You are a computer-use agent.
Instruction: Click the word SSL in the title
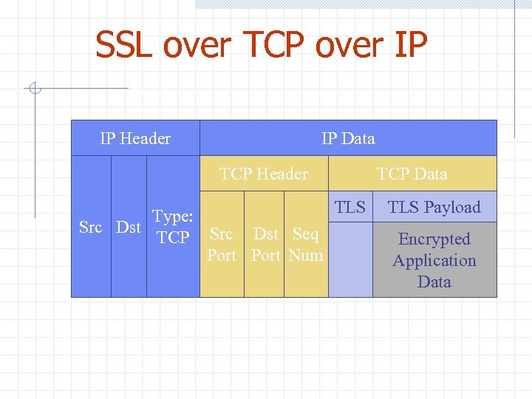tap(125, 47)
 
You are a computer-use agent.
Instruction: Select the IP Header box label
tap(135, 139)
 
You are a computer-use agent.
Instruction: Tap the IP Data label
tap(348, 139)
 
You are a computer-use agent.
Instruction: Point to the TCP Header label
tap(264, 174)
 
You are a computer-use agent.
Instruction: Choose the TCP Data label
tap(412, 174)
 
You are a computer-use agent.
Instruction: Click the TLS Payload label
tap(434, 208)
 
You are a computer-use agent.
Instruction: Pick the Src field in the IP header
tap(90, 228)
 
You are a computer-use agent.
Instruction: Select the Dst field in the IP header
tap(129, 228)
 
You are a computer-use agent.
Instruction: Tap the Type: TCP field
tap(173, 227)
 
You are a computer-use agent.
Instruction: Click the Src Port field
tap(222, 245)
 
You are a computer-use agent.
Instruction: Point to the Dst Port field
tap(265, 245)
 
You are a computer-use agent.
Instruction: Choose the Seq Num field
tap(306, 245)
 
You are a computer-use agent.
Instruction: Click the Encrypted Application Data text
tap(434, 260)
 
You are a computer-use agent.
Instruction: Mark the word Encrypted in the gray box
tap(434, 239)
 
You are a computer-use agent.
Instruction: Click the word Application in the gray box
tap(434, 261)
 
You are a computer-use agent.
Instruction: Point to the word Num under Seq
tap(306, 256)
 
